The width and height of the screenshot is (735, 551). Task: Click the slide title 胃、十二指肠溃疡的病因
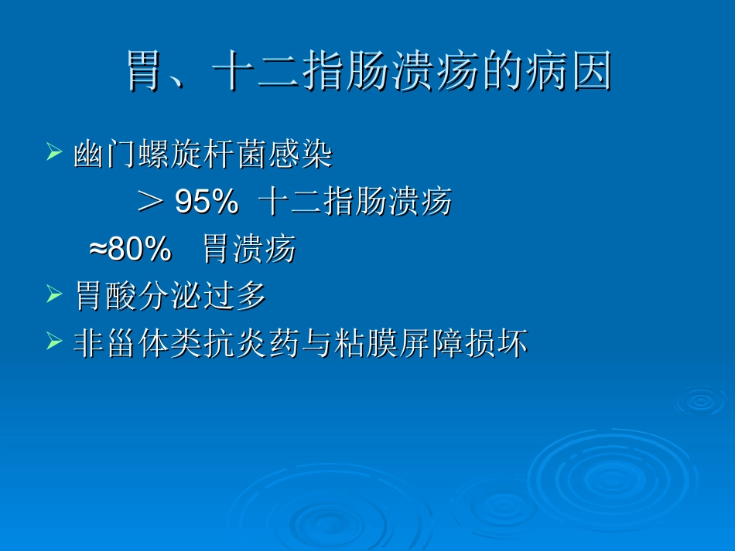369,72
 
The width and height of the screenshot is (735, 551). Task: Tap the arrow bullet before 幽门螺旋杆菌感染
54,151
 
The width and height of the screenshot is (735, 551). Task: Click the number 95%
207,202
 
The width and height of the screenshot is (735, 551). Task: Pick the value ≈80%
130,250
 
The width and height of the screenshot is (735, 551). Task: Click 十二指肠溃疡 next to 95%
355,202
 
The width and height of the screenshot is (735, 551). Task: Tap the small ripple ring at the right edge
701,400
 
